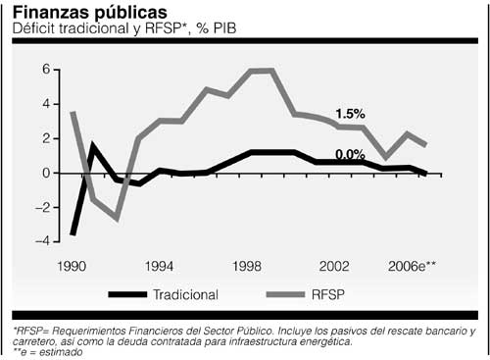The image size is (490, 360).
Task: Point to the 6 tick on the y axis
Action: pos(44,71)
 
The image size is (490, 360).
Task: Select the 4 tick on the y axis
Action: pos(44,104)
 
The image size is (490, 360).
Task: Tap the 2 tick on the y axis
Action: pos(44,138)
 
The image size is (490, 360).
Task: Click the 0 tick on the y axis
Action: pos(44,173)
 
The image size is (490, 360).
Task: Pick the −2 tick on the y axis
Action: pos(41,207)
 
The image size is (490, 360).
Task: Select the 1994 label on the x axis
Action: pos(160,266)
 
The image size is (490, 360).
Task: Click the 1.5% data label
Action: pos(351,114)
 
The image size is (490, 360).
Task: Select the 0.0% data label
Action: pos(351,154)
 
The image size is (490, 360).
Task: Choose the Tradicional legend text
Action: pos(186,293)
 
